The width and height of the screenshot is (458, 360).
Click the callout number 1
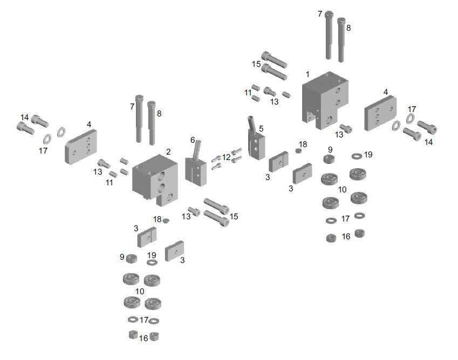point(307,74)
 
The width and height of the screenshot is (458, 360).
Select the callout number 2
point(168,151)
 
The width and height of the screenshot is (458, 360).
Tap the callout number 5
point(261,129)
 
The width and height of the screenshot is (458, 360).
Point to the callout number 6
point(193,140)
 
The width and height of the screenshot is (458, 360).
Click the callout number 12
point(227,157)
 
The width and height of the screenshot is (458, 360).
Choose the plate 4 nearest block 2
point(80,147)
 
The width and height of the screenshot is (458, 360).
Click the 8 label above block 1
point(348,28)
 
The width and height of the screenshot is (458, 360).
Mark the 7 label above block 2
point(132,107)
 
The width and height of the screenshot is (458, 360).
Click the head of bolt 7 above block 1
point(329,15)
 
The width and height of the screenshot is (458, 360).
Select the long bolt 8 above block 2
point(152,123)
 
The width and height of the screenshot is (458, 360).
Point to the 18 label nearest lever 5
point(303,144)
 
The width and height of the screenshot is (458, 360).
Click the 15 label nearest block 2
point(234,217)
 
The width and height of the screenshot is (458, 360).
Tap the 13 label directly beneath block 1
point(339,135)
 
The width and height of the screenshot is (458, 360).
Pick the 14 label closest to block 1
point(428,142)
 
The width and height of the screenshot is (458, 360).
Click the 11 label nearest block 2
point(110,183)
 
